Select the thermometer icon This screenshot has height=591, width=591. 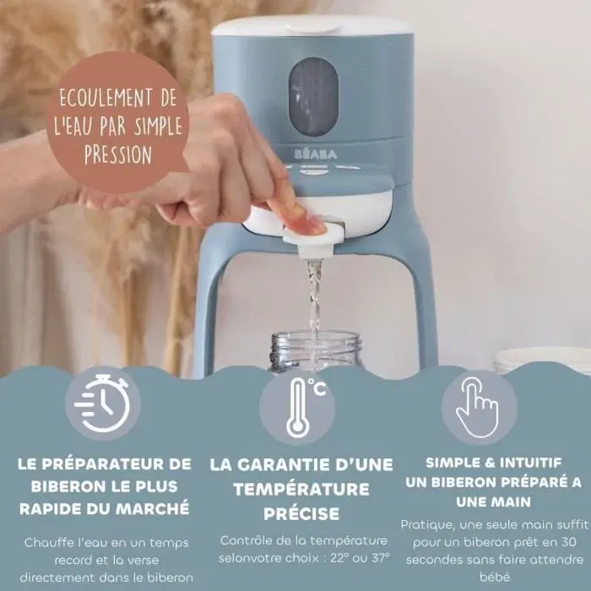coord(297,406)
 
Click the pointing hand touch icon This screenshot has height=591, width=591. coord(477,405)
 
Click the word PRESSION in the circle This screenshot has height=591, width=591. coord(118,156)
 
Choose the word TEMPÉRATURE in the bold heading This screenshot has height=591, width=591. coord(301,488)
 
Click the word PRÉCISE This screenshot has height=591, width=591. coord(301,512)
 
